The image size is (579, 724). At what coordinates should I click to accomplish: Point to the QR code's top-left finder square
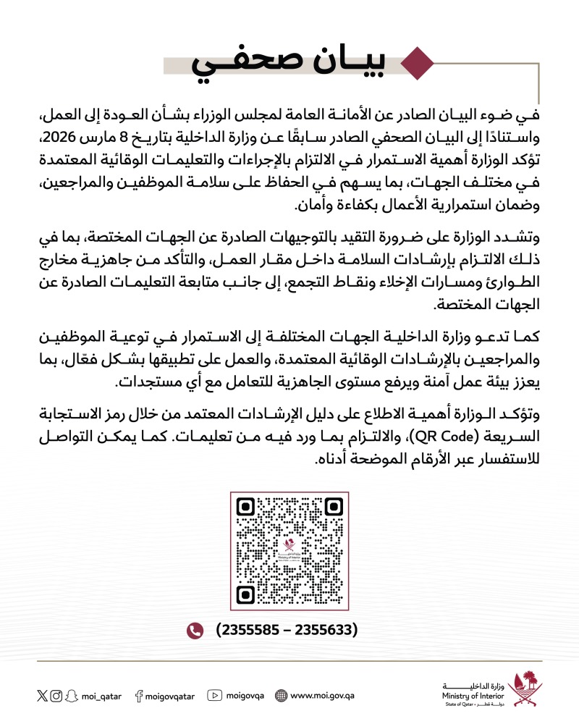247,508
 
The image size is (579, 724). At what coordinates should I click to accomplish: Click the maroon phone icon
194,630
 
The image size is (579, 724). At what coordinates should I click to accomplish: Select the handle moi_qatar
101,696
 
